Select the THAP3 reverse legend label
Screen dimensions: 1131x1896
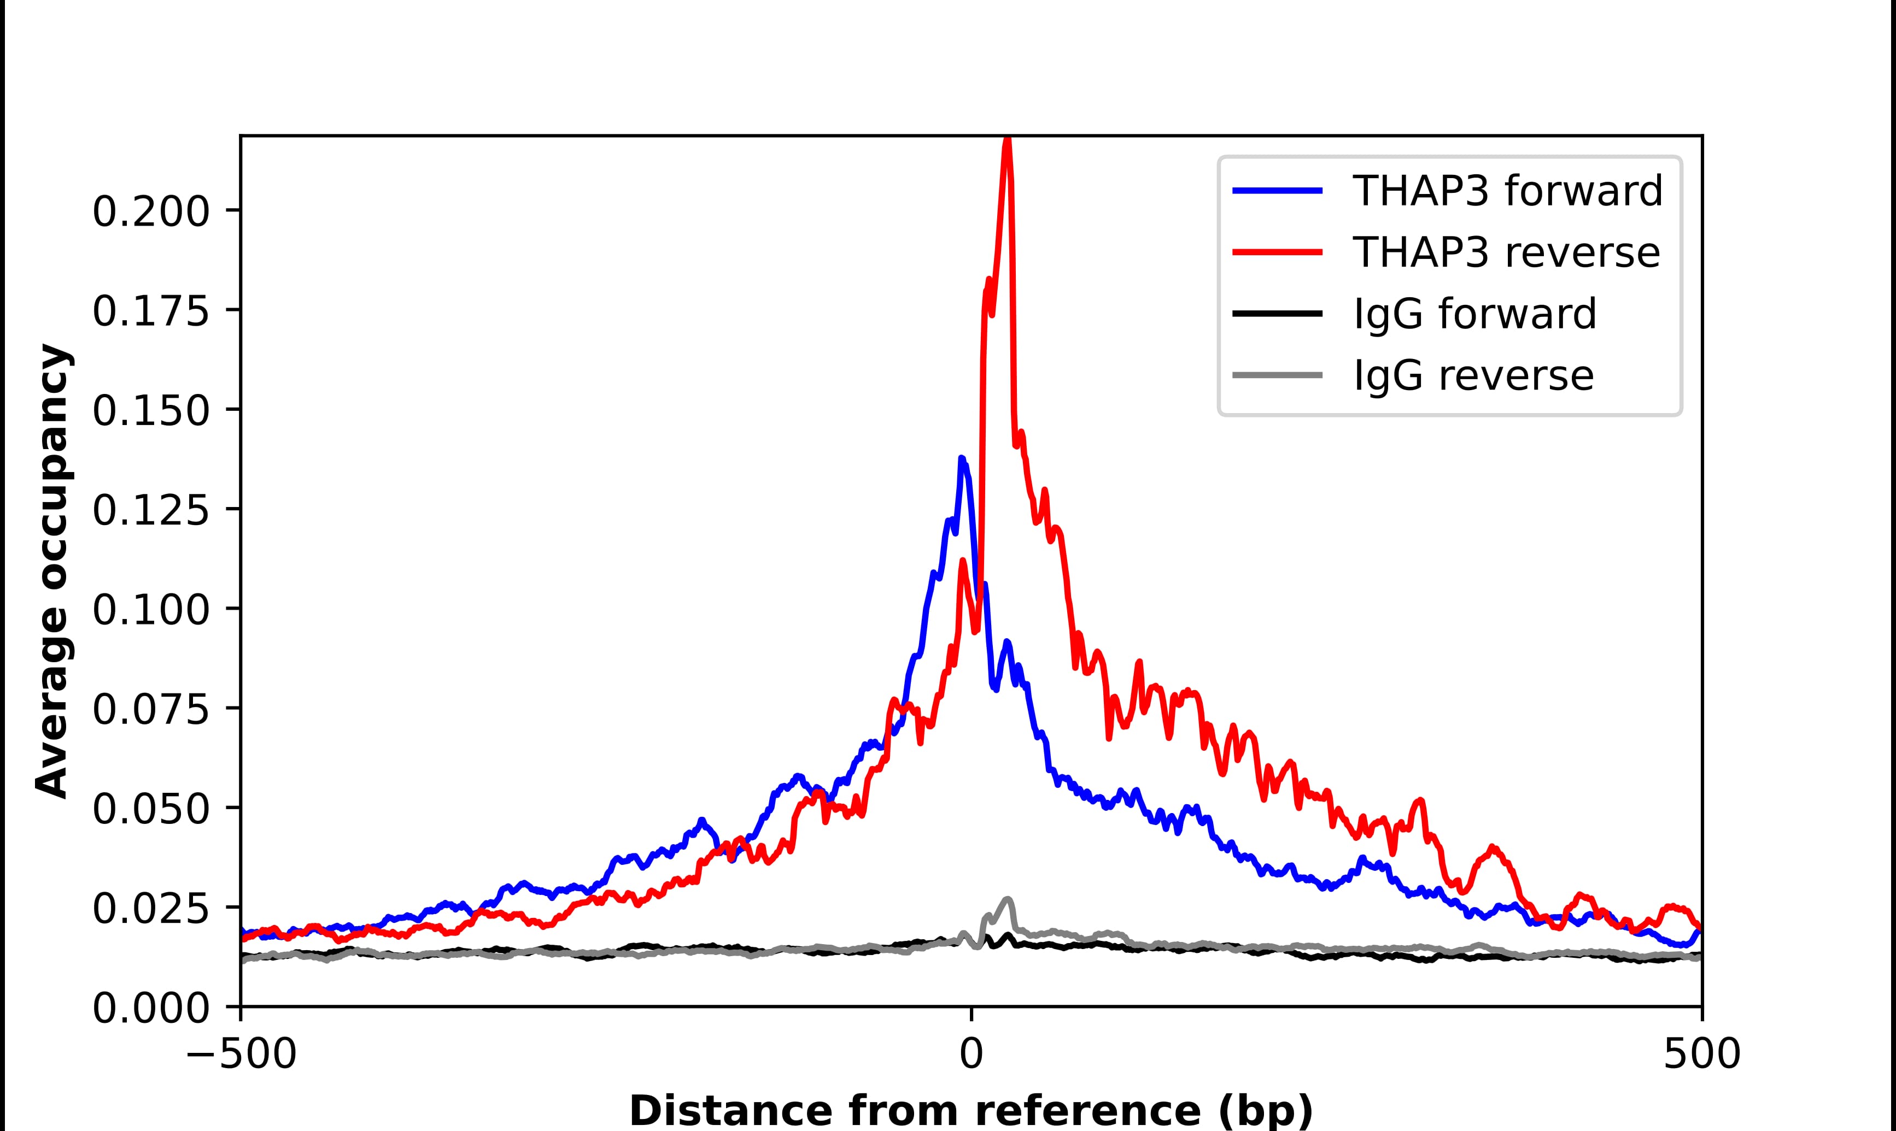tap(1506, 252)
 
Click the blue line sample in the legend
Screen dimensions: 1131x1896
tap(1277, 191)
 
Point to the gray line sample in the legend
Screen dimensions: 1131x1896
tap(1277, 375)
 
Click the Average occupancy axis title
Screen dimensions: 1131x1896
tap(54, 571)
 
